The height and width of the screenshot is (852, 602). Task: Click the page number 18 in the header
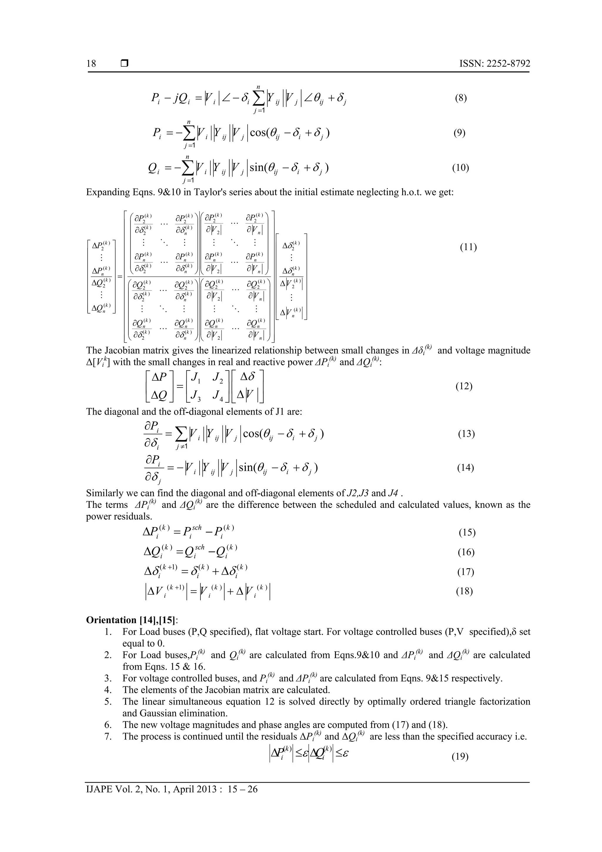(x=91, y=64)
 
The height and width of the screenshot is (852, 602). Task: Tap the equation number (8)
(x=461, y=98)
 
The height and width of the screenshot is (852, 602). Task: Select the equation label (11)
(x=468, y=247)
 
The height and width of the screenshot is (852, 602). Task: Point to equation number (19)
(x=460, y=756)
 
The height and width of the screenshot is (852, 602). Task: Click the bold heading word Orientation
(x=111, y=620)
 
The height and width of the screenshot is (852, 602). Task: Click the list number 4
(x=108, y=690)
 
